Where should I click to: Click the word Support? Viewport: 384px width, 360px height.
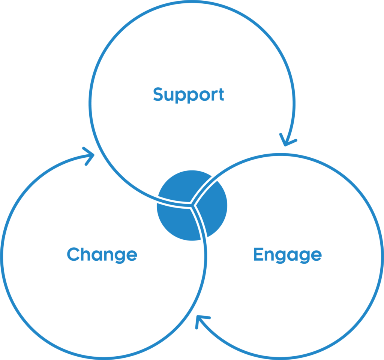click(x=189, y=95)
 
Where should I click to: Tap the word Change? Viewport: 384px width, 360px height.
click(x=102, y=255)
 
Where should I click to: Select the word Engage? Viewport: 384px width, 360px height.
click(x=288, y=255)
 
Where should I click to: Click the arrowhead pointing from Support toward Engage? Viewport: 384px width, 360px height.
click(x=287, y=140)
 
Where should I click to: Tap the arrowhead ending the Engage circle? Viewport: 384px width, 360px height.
click(x=202, y=321)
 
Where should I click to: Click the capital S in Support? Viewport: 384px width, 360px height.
click(x=158, y=94)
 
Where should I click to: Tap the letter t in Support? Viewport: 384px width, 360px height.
click(x=221, y=94)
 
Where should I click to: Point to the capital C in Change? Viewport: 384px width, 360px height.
click(x=74, y=254)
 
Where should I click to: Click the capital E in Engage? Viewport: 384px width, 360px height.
click(x=258, y=254)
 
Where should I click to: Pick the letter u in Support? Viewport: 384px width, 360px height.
click(x=169, y=96)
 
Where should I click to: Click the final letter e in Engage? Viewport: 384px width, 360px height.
click(x=316, y=255)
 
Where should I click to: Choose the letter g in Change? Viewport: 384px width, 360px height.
click(x=120, y=257)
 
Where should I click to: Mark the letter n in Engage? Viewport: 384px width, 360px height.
click(x=269, y=255)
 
